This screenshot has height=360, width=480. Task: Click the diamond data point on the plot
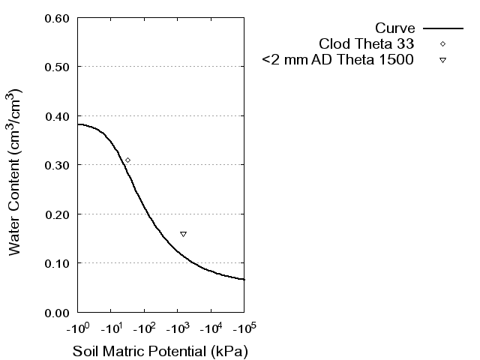(127, 160)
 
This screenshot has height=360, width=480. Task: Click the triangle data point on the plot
(183, 234)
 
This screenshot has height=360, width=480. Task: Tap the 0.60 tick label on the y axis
(57, 18)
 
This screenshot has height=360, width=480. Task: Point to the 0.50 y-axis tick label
(57, 67)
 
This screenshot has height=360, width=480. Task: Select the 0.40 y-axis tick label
(57, 116)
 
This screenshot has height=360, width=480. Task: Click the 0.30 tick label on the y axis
(57, 165)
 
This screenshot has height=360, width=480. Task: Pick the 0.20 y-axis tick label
(57, 214)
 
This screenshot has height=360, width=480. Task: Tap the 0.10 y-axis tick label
(57, 263)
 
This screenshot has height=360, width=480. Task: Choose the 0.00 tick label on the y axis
(57, 312)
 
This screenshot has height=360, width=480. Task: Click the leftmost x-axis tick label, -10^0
(78, 328)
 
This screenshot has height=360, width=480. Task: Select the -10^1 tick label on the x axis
(111, 328)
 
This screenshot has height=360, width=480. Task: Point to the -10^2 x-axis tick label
(145, 328)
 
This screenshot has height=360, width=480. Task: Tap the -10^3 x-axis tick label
(178, 328)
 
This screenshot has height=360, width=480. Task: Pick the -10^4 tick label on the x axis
(211, 328)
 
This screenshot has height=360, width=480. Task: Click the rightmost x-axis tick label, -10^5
(244, 328)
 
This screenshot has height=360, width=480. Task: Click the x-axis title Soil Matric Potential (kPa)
(160, 351)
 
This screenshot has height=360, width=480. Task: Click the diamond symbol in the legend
(442, 43)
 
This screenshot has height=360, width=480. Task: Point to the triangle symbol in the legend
(442, 59)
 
